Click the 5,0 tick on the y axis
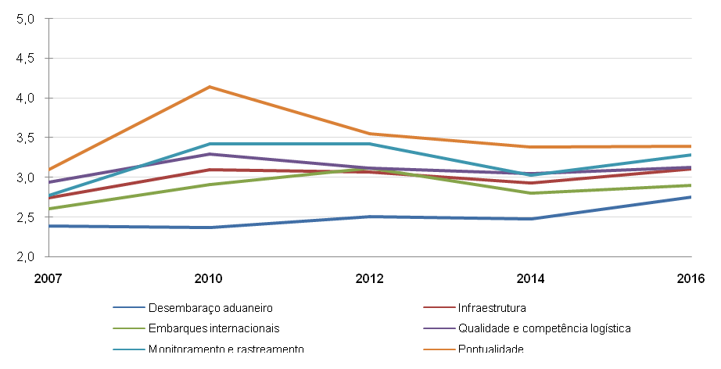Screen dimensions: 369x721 tap(26, 19)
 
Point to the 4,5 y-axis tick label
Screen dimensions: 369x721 tap(26, 59)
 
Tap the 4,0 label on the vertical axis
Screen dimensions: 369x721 tap(26, 99)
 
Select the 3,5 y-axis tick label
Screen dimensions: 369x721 tap(26, 138)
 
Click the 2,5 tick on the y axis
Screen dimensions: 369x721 tap(26, 217)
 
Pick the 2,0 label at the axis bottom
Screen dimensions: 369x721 tap(26, 257)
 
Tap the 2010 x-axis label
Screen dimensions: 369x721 tap(210, 278)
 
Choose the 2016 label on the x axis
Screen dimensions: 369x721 tap(691, 278)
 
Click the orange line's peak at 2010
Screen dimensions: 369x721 tap(210, 87)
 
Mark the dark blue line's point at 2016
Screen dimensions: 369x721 tap(691, 197)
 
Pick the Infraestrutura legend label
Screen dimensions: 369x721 tap(492, 307)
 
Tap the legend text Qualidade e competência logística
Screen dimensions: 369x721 tap(544, 328)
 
